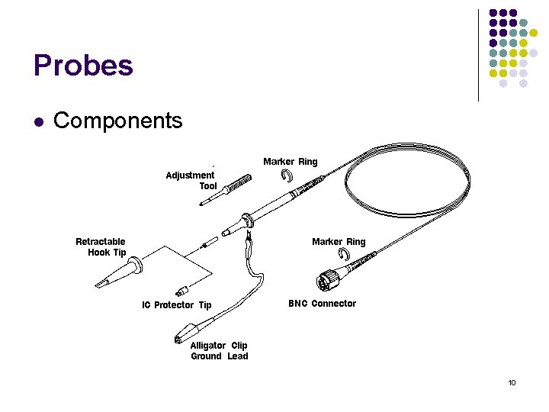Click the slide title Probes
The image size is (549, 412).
point(83,66)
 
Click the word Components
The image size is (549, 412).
point(118,121)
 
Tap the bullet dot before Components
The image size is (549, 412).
point(39,121)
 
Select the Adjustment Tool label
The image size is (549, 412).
point(191,181)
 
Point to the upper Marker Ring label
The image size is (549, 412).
point(290,162)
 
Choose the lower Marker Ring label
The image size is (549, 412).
point(339,242)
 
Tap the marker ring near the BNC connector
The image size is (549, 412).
point(334,256)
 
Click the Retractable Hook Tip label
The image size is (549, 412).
point(101,247)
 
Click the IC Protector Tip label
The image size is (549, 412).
point(176,305)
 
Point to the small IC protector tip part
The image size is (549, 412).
point(181,291)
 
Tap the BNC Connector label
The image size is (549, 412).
point(322,304)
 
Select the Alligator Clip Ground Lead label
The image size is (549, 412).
point(219,351)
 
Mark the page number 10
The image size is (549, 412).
point(512,382)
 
